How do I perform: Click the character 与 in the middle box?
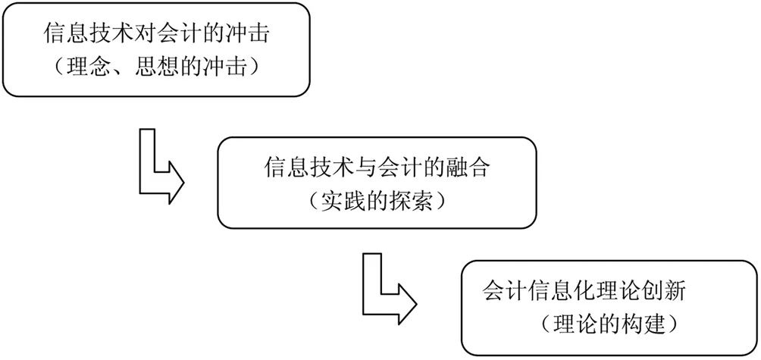(362, 167)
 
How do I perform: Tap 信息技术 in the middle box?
(306, 167)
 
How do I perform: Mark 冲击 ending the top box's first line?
(240, 35)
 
